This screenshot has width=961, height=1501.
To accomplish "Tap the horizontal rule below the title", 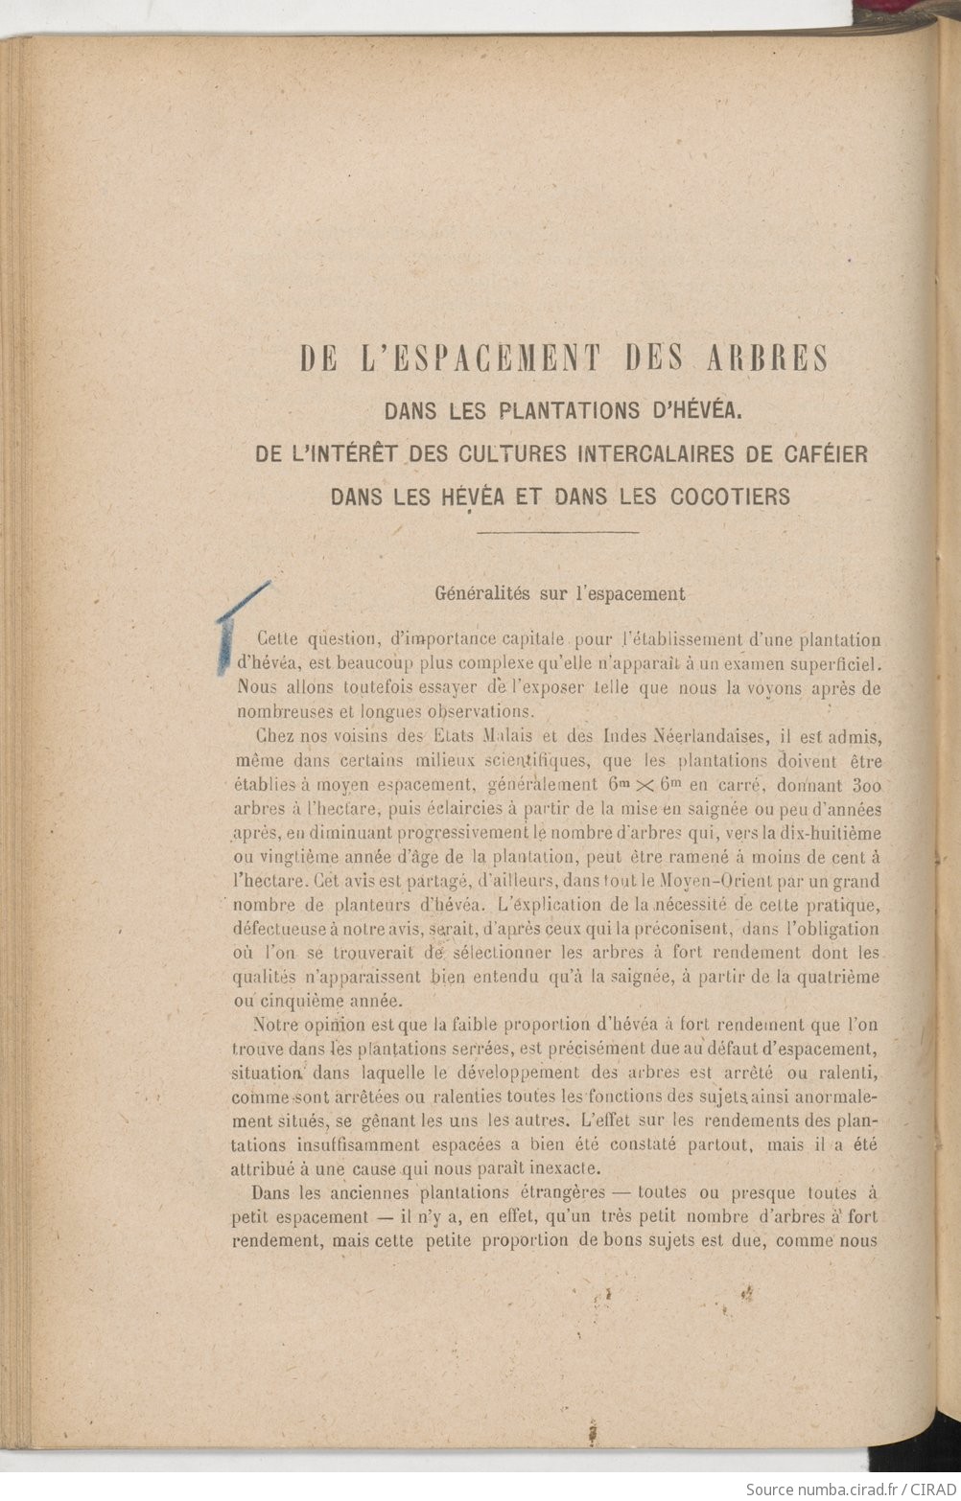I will (x=558, y=531).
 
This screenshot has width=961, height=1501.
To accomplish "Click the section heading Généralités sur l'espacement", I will (x=560, y=592).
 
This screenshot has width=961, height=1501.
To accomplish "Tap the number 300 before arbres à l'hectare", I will (x=862, y=785).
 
